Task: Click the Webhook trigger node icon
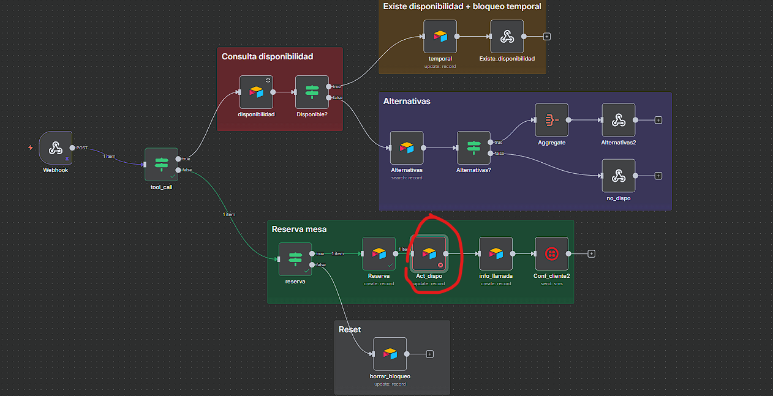[55, 148]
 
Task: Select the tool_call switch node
[161, 164]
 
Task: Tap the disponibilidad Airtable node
[256, 92]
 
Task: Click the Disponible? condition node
[312, 92]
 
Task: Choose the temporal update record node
[440, 36]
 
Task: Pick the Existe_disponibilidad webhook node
[507, 36]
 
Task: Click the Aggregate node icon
[551, 120]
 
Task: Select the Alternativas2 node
[618, 120]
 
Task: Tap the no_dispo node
[618, 176]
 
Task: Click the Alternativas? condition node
[473, 148]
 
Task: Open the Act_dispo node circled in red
[429, 253]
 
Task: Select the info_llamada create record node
[496, 253]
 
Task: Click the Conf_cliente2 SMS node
[551, 253]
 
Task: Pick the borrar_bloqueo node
[390, 354]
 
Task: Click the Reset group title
[350, 329]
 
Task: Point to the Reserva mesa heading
[299, 229]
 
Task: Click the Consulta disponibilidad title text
[267, 56]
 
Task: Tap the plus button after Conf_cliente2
[591, 253]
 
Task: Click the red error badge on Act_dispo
[440, 264]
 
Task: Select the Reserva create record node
[379, 253]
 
